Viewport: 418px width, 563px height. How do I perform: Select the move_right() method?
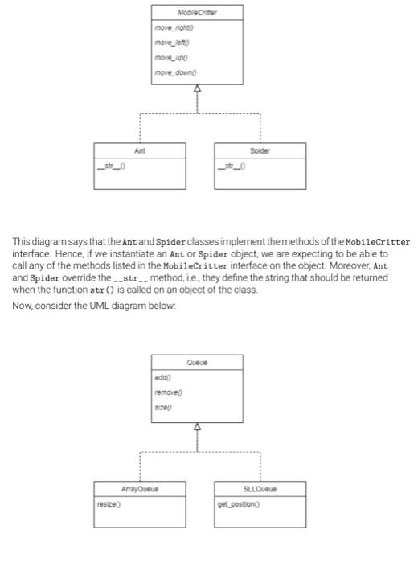click(173, 29)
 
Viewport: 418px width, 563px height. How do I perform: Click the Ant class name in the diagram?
click(140, 150)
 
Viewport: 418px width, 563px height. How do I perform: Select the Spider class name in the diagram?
click(260, 150)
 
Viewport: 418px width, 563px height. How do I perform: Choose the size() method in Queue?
click(163, 408)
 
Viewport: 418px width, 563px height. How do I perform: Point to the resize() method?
click(109, 499)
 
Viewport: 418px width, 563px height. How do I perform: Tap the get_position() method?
click(239, 499)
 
